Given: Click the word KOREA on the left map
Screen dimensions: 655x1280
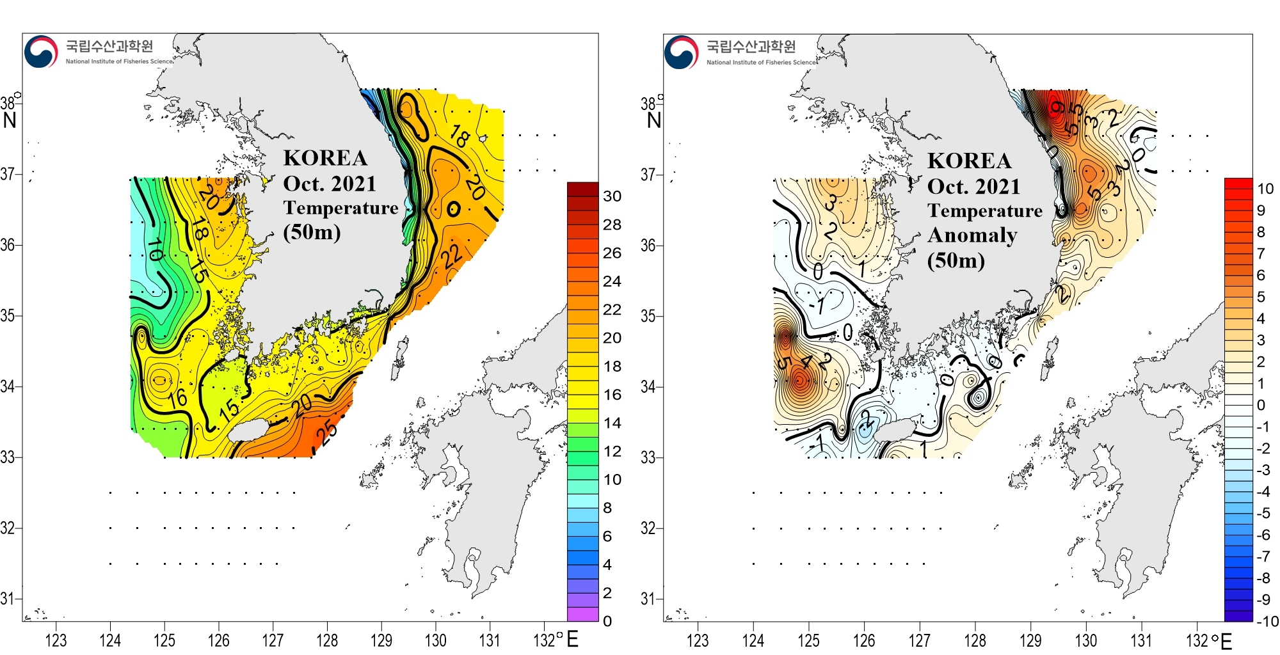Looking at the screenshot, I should pyautogui.click(x=325, y=158).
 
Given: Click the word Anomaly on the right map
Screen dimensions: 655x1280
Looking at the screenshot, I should pyautogui.click(x=972, y=236).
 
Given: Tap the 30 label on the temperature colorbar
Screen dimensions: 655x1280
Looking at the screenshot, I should pyautogui.click(x=612, y=196).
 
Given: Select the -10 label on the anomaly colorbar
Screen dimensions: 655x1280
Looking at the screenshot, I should pyautogui.click(x=1267, y=621).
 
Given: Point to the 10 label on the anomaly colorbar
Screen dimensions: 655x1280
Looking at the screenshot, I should pyautogui.click(x=1265, y=189).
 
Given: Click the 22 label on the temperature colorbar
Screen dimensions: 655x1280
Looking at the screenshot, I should pyautogui.click(x=612, y=310).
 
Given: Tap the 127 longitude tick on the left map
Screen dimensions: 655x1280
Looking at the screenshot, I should pyautogui.click(x=273, y=640).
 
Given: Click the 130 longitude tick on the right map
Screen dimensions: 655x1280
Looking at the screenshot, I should pyautogui.click(x=1085, y=640).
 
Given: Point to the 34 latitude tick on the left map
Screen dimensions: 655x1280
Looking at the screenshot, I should pyautogui.click(x=8, y=386).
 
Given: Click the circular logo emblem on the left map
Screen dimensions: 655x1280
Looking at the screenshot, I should pyautogui.click(x=41, y=51).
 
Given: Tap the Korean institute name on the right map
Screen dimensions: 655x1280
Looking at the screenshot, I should pyautogui.click(x=751, y=46).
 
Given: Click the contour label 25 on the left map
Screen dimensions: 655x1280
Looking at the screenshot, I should pyautogui.click(x=327, y=433).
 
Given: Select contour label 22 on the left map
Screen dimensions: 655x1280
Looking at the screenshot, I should pyautogui.click(x=452, y=255).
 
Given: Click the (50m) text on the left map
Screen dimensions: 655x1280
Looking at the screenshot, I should pyautogui.click(x=312, y=232).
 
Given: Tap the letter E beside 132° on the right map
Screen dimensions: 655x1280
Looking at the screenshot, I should pyautogui.click(x=1226, y=641).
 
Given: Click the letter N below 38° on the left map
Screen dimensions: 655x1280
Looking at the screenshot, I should pyautogui.click(x=10, y=120).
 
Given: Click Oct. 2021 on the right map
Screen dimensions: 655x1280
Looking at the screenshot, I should pyautogui.click(x=973, y=187).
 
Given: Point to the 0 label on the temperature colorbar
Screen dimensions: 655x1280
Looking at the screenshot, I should pyautogui.click(x=607, y=621).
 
